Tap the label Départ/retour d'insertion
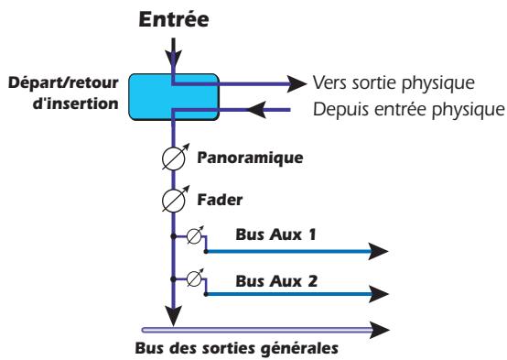point(65,90)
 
